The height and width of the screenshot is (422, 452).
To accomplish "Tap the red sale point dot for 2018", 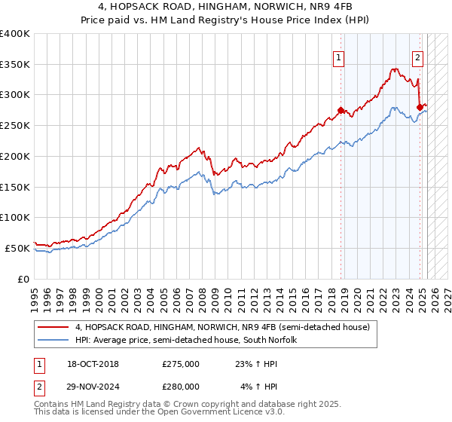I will click(341, 110).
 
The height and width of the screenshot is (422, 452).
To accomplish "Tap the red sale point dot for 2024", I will click(420, 107).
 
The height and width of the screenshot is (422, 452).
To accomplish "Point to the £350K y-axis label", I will click(15, 65).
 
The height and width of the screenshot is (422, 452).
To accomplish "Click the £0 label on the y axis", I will click(23, 278).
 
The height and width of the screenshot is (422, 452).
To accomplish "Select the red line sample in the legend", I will click(53, 328).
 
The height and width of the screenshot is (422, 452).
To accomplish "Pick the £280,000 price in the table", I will click(180, 386).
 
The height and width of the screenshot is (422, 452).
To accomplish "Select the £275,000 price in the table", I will click(180, 364).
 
